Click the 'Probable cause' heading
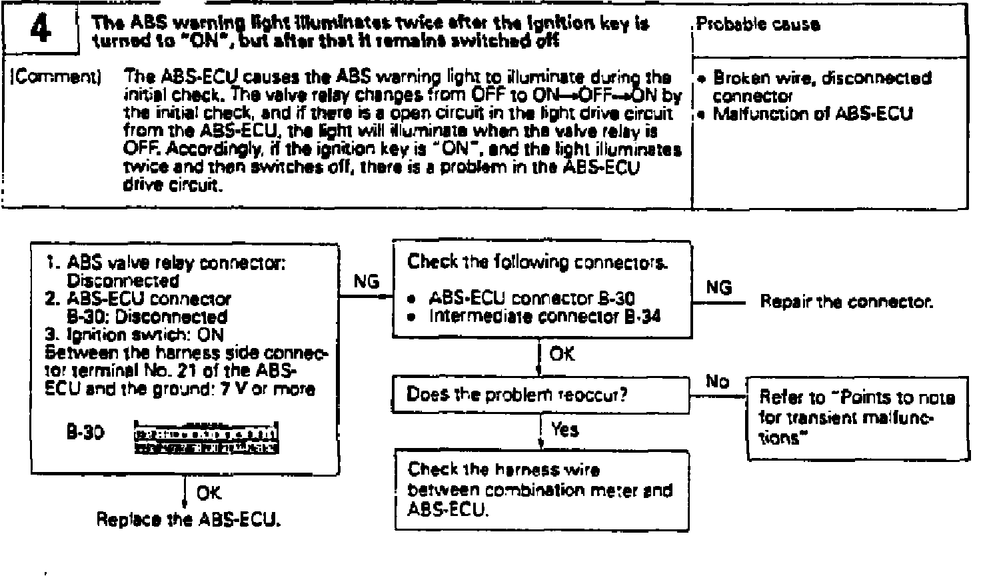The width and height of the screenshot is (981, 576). click(758, 24)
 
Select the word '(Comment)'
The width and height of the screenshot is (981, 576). click(55, 78)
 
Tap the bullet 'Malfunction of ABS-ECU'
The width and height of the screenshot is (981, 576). click(812, 114)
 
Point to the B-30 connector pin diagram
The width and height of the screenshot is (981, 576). click(206, 437)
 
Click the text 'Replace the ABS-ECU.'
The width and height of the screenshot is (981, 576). click(189, 519)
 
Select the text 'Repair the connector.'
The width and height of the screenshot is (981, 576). click(846, 302)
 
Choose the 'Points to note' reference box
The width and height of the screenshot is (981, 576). click(858, 417)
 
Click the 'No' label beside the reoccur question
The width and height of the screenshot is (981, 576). click(717, 382)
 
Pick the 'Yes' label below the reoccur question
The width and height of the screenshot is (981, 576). click(565, 430)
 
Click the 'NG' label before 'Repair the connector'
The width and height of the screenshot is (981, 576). click(718, 287)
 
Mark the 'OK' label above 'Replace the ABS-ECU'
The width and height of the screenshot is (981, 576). click(209, 493)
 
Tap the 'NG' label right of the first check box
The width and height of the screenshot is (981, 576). click(367, 282)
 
